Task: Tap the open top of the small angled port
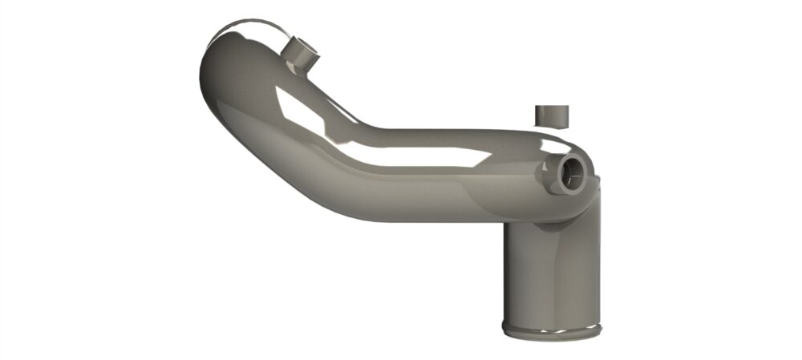[306, 50]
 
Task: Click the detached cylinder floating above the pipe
[551, 115]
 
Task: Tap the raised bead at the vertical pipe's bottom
[550, 330]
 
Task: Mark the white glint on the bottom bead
[561, 330]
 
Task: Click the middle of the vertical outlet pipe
[551, 273]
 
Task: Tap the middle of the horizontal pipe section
[449, 180]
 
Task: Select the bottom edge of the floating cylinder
[551, 125]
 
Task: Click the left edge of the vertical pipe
[504, 273]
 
